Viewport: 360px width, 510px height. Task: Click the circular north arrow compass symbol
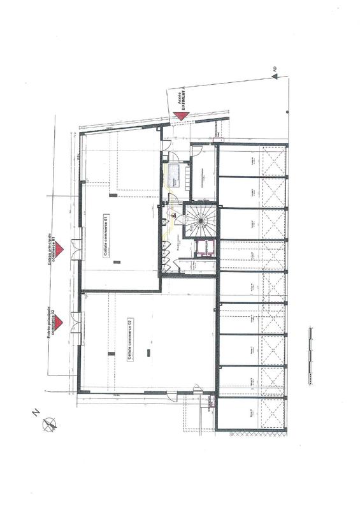point(48,425)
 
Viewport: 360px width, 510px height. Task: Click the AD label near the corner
point(274,68)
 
